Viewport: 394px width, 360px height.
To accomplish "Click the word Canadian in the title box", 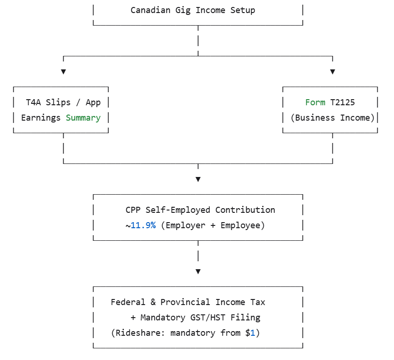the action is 150,10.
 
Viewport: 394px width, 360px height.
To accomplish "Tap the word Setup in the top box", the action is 243,10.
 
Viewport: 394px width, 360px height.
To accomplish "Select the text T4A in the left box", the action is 33,102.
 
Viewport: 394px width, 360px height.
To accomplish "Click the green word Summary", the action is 83,118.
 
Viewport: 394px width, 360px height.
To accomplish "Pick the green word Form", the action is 315,102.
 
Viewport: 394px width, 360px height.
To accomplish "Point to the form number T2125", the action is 342,102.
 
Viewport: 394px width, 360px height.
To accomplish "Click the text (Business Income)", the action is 333,118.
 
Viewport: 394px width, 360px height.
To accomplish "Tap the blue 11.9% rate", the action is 143,225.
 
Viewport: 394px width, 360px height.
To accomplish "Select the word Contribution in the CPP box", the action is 245,210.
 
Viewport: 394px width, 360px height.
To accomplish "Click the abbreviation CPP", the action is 133,210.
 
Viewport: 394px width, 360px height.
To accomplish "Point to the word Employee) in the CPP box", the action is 243,225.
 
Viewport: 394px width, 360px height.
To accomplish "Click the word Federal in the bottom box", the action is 128,302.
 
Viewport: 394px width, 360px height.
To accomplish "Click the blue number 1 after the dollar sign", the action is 253,333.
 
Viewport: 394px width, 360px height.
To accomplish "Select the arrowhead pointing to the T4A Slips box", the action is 63,72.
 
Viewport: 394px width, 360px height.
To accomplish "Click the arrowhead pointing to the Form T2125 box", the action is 333,72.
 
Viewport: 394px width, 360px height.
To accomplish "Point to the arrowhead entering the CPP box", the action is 198,179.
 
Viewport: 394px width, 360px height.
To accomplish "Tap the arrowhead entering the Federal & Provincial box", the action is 198,272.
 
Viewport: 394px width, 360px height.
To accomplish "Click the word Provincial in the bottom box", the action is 185,302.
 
